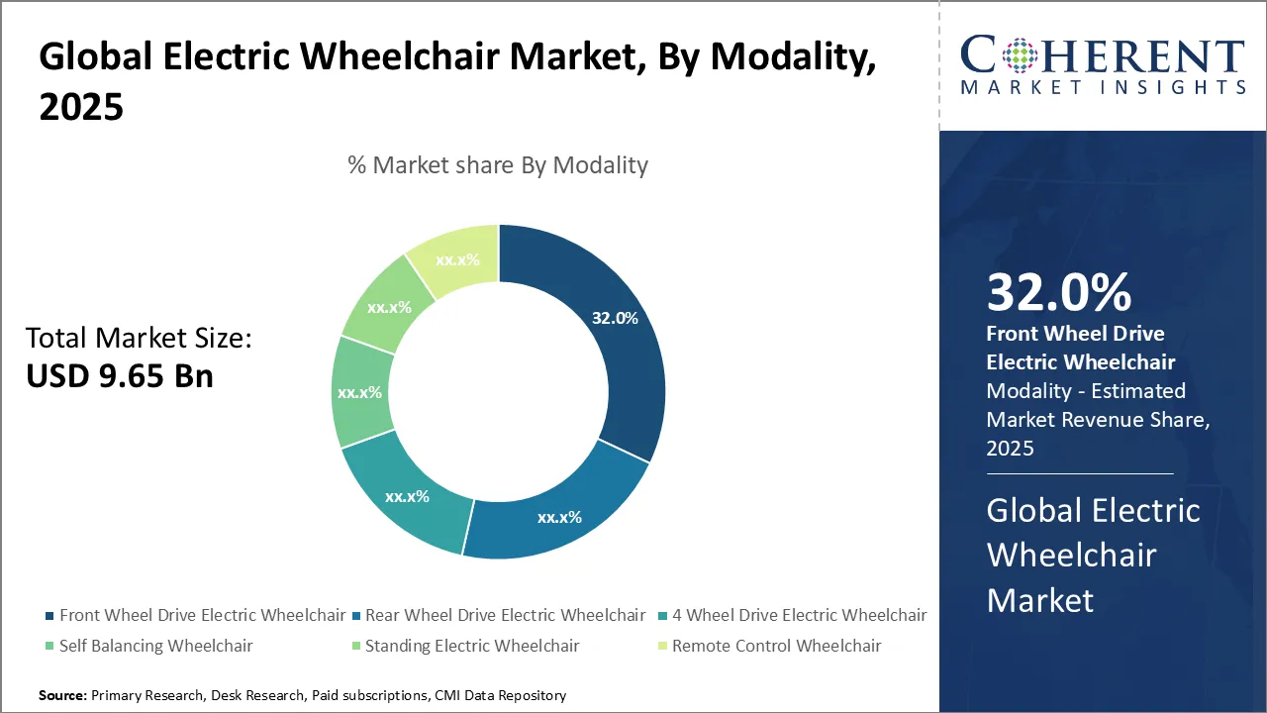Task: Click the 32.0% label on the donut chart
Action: coord(615,319)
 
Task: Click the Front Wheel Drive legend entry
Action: coord(202,615)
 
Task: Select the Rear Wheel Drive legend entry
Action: coord(505,615)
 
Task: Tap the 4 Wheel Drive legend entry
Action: coord(799,615)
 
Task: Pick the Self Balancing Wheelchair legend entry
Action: coord(155,646)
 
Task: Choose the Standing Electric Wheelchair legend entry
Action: coord(472,646)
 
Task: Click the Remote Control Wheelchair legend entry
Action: coord(776,646)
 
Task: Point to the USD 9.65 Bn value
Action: coord(120,376)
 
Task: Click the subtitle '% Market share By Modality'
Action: coord(497,165)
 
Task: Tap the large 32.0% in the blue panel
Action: coord(1059,293)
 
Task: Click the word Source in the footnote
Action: coord(62,696)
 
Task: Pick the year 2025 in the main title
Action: coord(81,107)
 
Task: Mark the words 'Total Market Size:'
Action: coord(139,339)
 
